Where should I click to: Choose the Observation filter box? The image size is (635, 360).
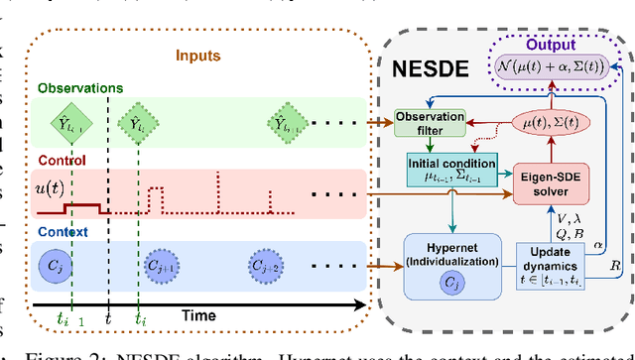click(429, 122)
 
